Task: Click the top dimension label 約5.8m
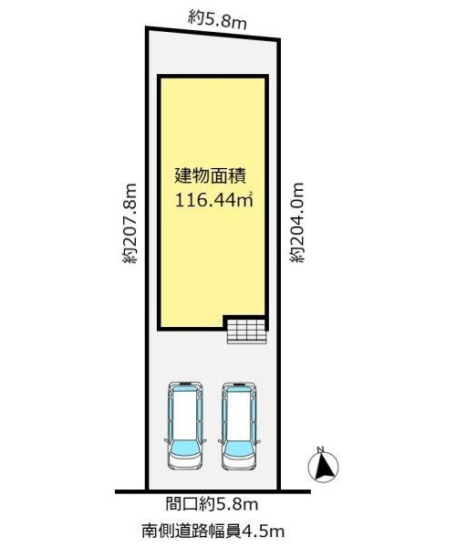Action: click(x=217, y=20)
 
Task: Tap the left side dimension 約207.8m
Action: click(x=130, y=223)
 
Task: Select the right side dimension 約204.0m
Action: click(x=297, y=222)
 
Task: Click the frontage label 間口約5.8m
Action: click(x=212, y=504)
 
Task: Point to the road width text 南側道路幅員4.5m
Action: click(x=213, y=532)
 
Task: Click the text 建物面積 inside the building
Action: click(x=211, y=175)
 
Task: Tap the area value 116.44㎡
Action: click(x=213, y=201)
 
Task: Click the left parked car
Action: click(x=185, y=425)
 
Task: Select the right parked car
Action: click(x=239, y=426)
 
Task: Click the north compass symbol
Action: click(x=324, y=465)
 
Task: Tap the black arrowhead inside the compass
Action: click(x=325, y=467)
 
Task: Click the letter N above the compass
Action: click(x=321, y=449)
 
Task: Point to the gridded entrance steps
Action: click(x=247, y=330)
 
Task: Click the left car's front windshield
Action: click(x=185, y=448)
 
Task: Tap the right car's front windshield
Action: click(x=239, y=448)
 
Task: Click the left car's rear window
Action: click(x=185, y=387)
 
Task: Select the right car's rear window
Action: click(x=239, y=387)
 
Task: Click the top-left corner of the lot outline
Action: click(x=146, y=27)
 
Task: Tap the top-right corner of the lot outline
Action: click(x=279, y=39)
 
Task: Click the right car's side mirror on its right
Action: click(x=258, y=441)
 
